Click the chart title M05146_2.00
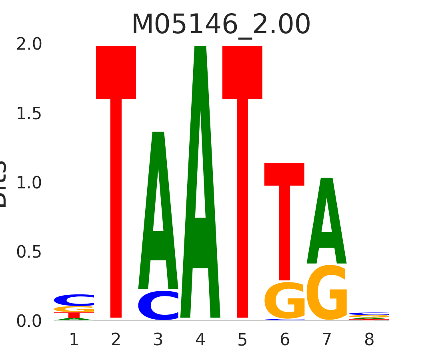click(221, 25)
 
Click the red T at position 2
click(116, 180)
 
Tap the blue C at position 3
click(158, 306)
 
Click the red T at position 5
click(242, 180)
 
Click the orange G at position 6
click(284, 301)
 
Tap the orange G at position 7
click(327, 293)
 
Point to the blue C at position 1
click(74, 300)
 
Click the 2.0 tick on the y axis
click(29, 44)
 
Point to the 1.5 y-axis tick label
click(29, 114)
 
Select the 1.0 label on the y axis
click(29, 183)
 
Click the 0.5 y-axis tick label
click(29, 252)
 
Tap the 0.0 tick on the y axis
click(29, 321)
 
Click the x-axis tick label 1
click(74, 340)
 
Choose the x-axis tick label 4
click(200, 340)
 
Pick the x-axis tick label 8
click(369, 340)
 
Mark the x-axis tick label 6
click(284, 340)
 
